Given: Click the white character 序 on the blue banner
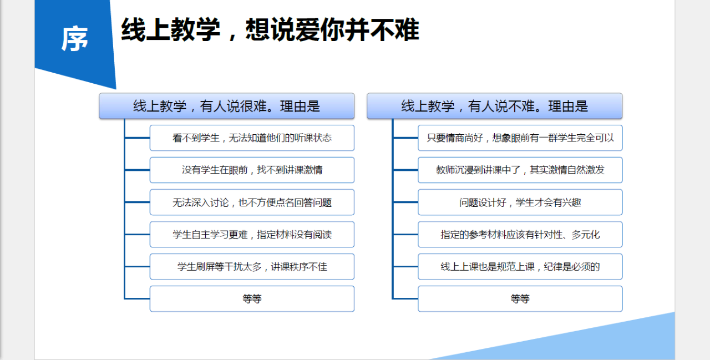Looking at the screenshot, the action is pos(74,39).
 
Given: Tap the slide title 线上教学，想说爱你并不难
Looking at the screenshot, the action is pos(270,29).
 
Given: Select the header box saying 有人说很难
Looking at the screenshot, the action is pos(227,106).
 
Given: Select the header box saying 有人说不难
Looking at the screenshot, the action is pos(494,106).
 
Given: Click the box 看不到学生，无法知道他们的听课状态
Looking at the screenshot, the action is pos(252,138).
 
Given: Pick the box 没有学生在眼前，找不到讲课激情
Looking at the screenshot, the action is pos(252,170).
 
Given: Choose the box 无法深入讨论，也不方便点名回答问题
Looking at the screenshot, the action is pos(252,202).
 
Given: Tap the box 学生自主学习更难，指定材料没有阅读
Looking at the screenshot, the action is pos(252,234).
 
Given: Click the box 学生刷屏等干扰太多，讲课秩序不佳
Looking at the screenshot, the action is pos(252,266).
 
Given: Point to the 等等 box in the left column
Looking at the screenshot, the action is pos(252,299).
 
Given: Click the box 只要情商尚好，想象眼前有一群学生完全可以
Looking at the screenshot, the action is pos(520,138).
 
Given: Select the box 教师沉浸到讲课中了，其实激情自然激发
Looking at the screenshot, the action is pos(520,170).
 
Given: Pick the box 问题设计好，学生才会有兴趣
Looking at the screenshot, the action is pos(520,202).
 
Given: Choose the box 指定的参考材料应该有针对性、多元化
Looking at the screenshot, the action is pos(520,234).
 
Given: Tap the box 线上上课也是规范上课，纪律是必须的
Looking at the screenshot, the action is pos(520,266).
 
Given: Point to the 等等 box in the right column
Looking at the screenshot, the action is pos(520,299).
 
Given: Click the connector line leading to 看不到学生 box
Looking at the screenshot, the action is pos(137,138).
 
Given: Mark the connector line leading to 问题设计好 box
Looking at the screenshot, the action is pos(405,202).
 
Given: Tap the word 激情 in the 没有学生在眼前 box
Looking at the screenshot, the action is pos(313,170).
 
